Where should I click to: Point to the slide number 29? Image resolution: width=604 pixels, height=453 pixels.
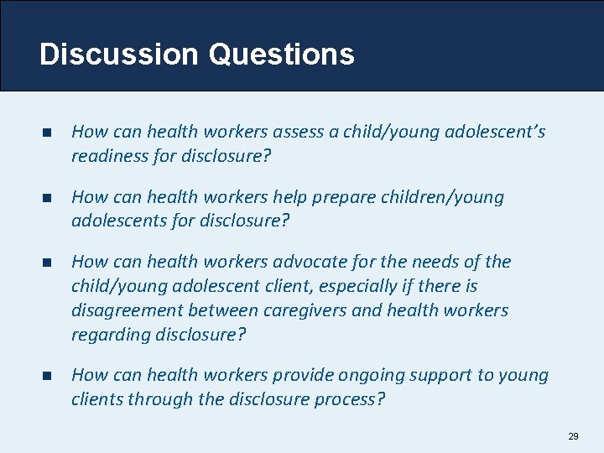[x=573, y=436]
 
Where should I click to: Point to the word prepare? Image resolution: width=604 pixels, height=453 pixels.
[x=342, y=197]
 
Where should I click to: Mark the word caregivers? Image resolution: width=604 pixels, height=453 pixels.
[x=305, y=310]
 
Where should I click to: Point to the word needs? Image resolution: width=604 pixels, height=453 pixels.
[x=433, y=262]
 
